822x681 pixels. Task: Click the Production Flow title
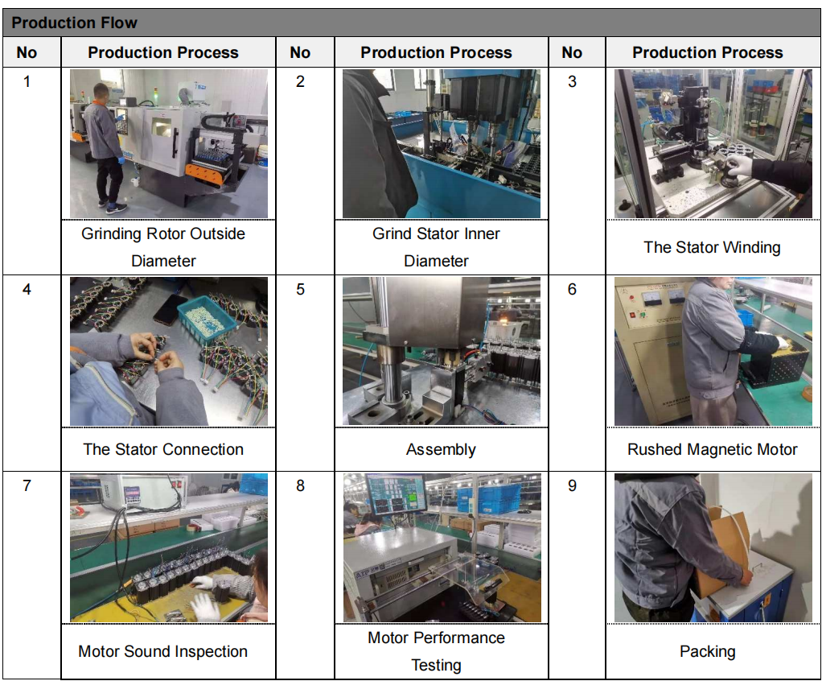point(74,23)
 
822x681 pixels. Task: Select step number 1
point(27,81)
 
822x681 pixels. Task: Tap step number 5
point(300,289)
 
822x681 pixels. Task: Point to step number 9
point(572,485)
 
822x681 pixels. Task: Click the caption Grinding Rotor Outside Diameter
point(163,247)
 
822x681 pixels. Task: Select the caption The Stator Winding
point(712,247)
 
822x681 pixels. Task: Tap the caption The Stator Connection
point(163,449)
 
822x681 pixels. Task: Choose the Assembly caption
point(441,450)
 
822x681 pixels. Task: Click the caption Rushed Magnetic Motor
point(712,449)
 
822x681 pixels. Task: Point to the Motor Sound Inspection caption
point(163,651)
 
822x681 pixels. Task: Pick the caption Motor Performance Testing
point(436,651)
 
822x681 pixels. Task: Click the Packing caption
point(707,652)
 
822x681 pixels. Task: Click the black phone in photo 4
point(170,309)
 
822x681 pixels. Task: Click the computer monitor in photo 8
point(396,493)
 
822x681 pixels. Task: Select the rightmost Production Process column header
point(707,52)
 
